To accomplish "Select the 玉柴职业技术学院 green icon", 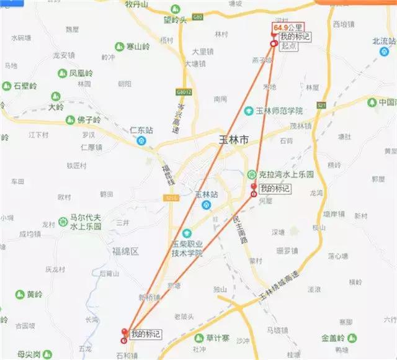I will click(x=187, y=232).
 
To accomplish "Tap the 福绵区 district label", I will click(x=127, y=251).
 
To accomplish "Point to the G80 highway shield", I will click(x=197, y=17).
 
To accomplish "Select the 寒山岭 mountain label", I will click(x=136, y=47).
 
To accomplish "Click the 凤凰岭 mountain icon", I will click(x=63, y=73).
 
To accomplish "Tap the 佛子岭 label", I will click(x=89, y=120).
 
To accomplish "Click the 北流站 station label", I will click(x=383, y=41).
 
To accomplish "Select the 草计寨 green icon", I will click(x=200, y=338).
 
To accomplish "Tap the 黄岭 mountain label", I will click(x=35, y=294).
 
